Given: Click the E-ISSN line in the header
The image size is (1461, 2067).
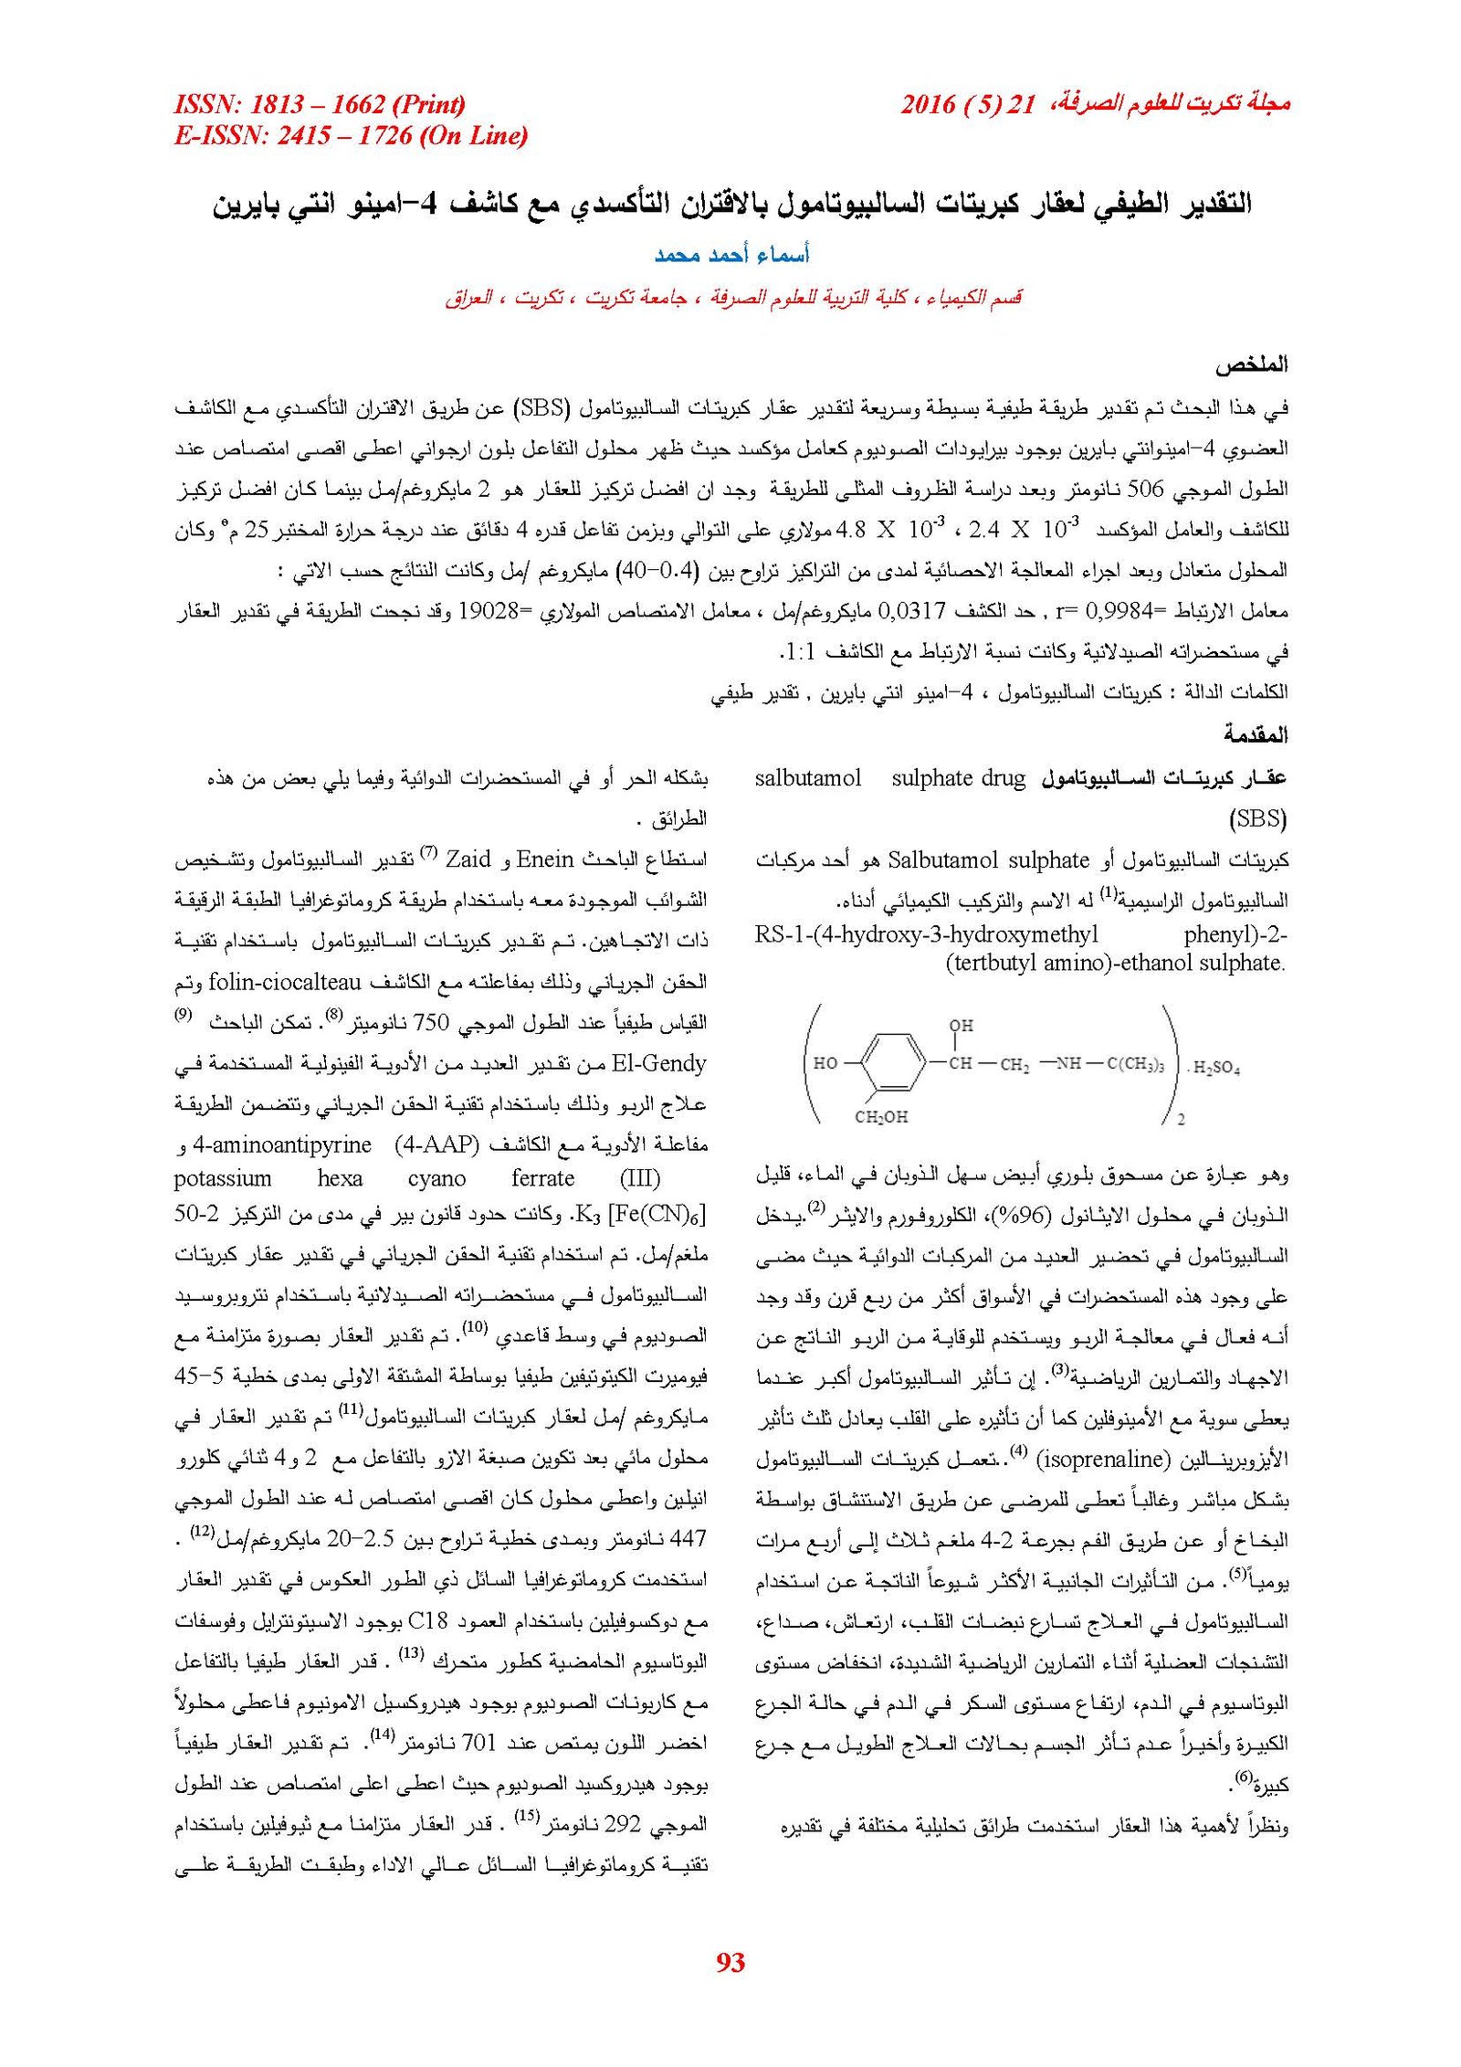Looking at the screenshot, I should click(x=351, y=136).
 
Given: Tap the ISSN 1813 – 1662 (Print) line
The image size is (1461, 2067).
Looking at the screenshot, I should click(x=320, y=104).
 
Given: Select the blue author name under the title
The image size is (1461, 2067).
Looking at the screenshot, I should click(x=731, y=255).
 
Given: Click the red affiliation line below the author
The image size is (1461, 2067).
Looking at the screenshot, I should click(x=733, y=298).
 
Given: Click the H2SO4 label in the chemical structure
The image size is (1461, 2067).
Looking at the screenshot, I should click(x=1215, y=1067).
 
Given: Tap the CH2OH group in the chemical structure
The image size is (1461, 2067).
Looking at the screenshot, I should click(x=881, y=1116).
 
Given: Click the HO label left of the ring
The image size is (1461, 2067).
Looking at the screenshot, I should click(x=825, y=1063).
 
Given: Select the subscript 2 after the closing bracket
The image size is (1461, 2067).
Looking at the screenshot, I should click(x=1181, y=1119).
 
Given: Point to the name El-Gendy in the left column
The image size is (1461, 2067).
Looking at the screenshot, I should click(x=658, y=1063).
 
